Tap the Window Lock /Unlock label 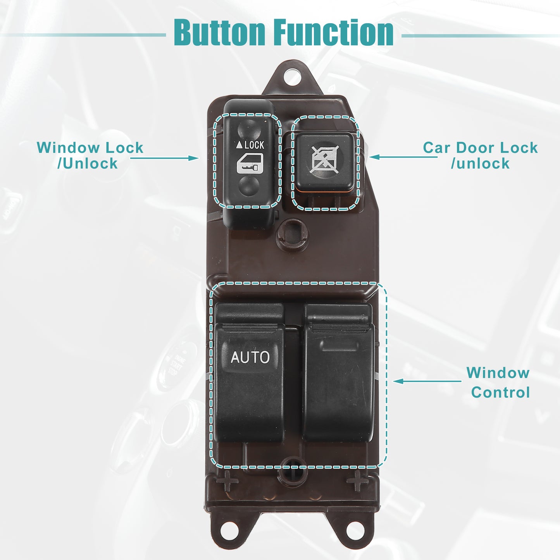(x=90, y=155)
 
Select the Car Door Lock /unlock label (x=480, y=155)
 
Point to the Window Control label (x=498, y=383)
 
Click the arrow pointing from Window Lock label (x=164, y=158)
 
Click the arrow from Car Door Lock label (x=403, y=157)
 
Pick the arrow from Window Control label (x=427, y=381)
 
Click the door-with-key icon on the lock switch (x=250, y=164)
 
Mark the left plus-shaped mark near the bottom (x=227, y=481)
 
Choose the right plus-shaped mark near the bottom (x=357, y=481)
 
